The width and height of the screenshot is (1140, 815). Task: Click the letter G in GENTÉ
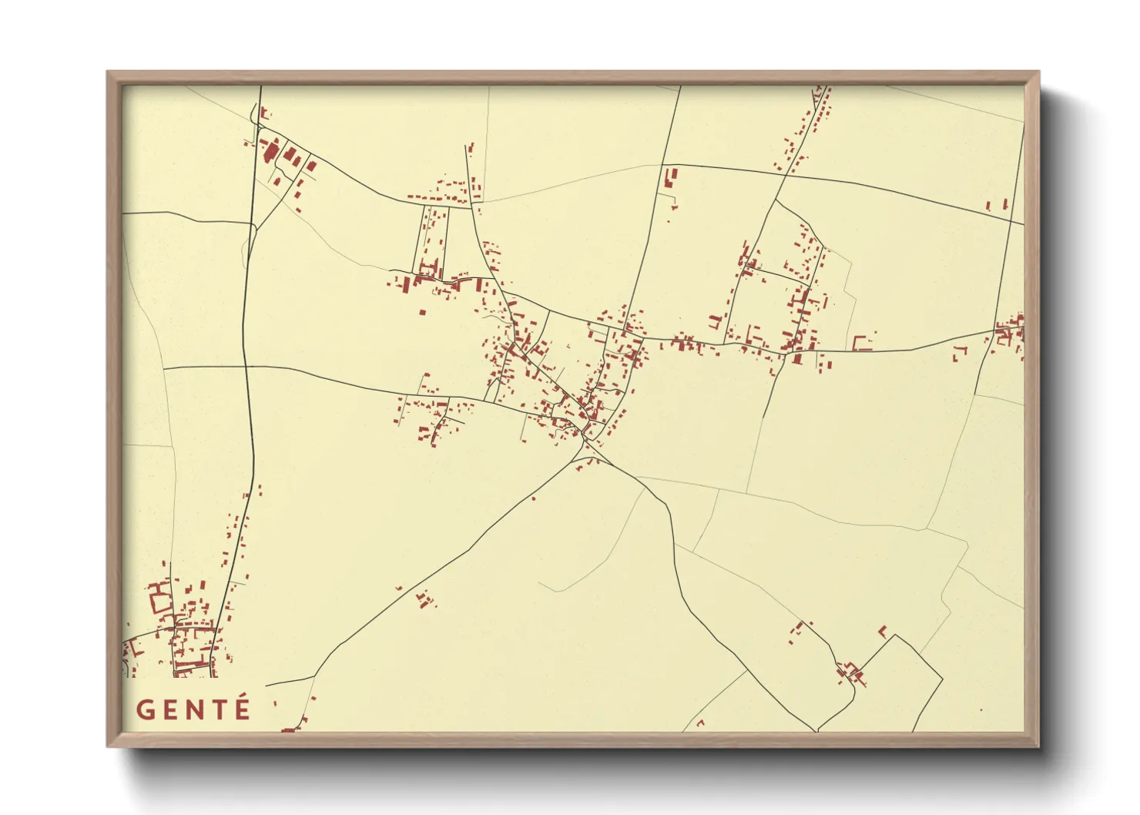click(145, 709)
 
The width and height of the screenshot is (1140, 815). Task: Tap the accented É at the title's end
click(243, 708)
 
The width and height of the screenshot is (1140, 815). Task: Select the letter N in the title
click(194, 709)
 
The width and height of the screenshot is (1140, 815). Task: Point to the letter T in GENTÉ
click(219, 709)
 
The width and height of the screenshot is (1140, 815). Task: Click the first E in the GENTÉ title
click(169, 709)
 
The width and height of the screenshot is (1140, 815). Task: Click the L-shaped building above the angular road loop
click(883, 630)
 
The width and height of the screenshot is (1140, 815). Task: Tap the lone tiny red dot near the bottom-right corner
click(981, 710)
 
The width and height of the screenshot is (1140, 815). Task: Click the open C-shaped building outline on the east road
click(861, 343)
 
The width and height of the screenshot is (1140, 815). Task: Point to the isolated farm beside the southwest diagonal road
click(423, 599)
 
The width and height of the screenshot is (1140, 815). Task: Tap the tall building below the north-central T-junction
click(669, 178)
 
